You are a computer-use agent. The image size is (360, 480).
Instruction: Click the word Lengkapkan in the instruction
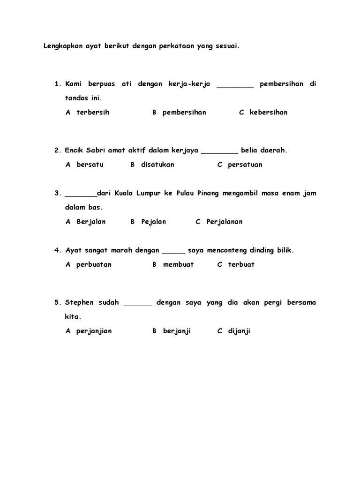click(62, 46)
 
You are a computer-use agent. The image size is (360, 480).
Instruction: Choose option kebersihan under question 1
click(269, 112)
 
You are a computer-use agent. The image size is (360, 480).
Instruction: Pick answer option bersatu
click(90, 165)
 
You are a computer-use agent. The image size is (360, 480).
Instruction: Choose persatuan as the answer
click(245, 165)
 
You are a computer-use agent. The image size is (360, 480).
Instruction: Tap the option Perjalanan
click(225, 222)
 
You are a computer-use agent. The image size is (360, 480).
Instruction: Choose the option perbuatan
click(94, 264)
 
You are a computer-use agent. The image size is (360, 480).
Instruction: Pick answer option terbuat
click(241, 264)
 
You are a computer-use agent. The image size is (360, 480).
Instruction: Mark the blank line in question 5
click(138, 304)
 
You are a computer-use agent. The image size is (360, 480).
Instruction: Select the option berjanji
click(177, 331)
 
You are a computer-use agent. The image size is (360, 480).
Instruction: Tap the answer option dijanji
click(239, 331)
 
